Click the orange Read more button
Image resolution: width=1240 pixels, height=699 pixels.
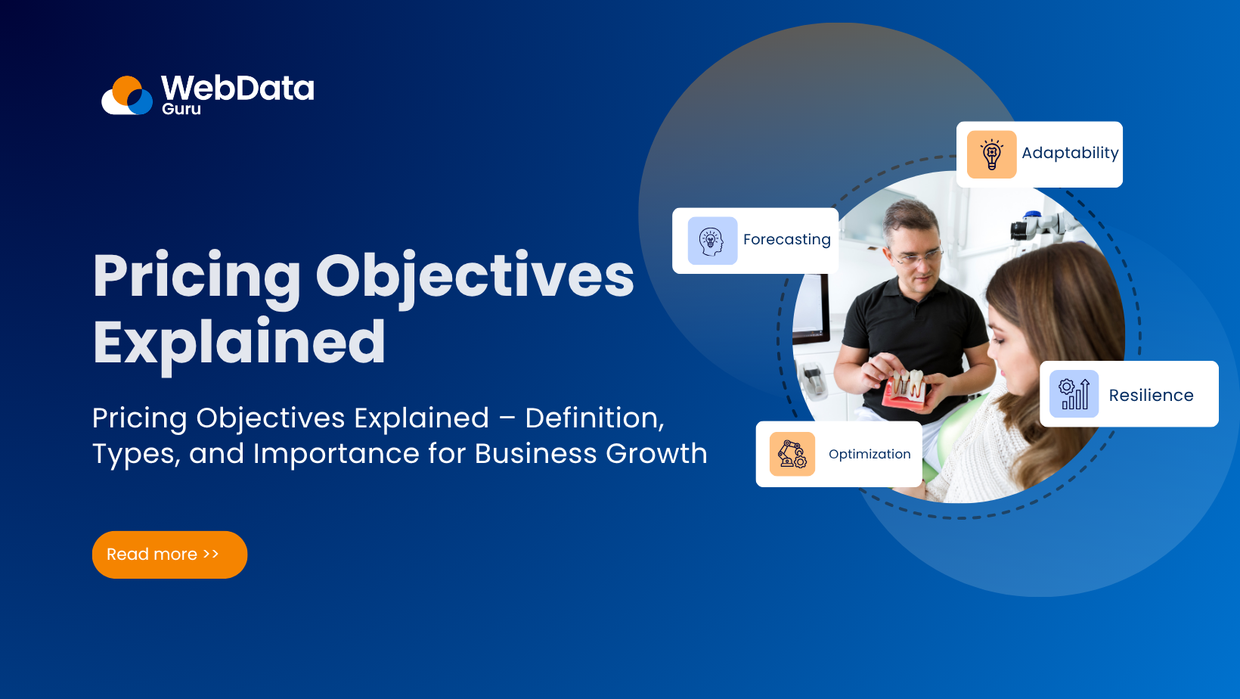click(x=169, y=555)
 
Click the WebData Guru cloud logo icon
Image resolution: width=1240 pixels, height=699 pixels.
click(x=127, y=96)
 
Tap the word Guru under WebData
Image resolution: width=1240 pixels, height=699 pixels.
click(x=181, y=109)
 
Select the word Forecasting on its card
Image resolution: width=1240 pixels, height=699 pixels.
click(x=786, y=240)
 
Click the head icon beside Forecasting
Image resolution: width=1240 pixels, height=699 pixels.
click(x=712, y=241)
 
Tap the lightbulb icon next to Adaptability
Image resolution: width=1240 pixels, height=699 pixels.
click(x=991, y=154)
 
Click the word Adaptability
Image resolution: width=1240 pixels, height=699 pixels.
click(x=1069, y=153)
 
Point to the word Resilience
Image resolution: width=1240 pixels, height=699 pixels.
click(x=1151, y=396)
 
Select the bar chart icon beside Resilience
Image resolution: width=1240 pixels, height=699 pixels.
click(x=1074, y=394)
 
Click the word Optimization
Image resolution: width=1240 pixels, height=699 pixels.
click(x=870, y=454)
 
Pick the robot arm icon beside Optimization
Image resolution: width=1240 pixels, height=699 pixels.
click(x=792, y=454)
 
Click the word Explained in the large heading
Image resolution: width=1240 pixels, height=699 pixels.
click(x=239, y=343)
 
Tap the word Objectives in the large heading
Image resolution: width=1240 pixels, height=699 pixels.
click(x=474, y=276)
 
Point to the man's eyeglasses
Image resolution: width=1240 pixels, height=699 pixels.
click(x=917, y=256)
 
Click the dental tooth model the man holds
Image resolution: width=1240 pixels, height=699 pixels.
click(x=907, y=386)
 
